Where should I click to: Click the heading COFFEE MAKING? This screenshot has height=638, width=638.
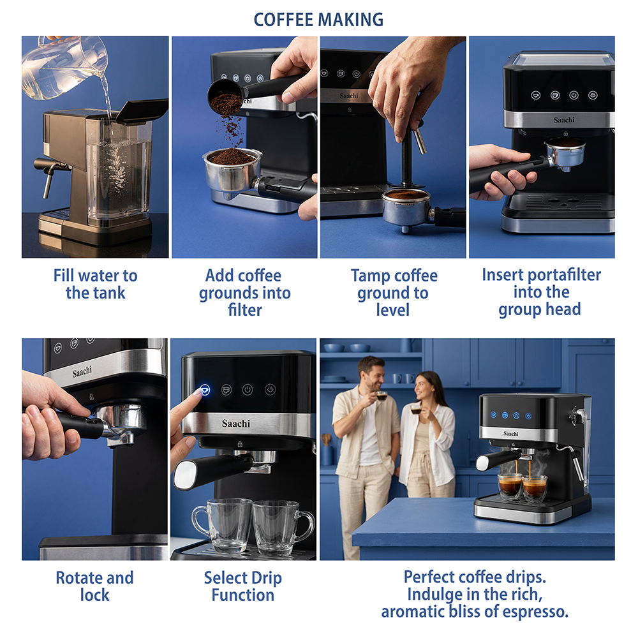pyautogui.click(x=318, y=20)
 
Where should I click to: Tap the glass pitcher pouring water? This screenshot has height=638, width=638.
pyautogui.click(x=65, y=67)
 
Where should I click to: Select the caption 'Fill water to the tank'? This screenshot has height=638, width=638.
pyautogui.click(x=95, y=284)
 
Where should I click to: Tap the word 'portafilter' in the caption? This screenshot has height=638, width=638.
pyautogui.click(x=564, y=275)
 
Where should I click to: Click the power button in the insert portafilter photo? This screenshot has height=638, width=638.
pyautogui.click(x=574, y=96)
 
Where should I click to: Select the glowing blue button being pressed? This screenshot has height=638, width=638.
pyautogui.click(x=205, y=390)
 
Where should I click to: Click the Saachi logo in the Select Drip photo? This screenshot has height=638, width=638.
pyautogui.click(x=236, y=424)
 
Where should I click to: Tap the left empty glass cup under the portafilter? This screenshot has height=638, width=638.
pyautogui.click(x=223, y=526)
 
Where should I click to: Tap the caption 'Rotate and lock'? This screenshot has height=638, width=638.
pyautogui.click(x=94, y=586)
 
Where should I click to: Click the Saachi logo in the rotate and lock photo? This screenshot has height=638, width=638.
pyautogui.click(x=82, y=371)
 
